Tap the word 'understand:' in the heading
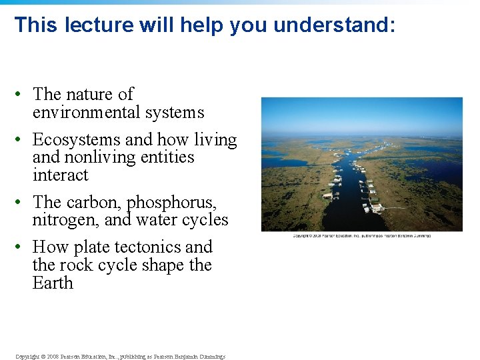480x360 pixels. [334, 25]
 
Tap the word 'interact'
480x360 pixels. [60, 175]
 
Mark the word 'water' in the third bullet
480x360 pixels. [145, 220]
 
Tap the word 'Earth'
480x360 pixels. [53, 283]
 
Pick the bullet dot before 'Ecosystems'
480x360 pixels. [22, 140]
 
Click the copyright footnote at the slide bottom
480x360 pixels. [120, 356]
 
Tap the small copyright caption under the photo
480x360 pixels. [361, 235]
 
